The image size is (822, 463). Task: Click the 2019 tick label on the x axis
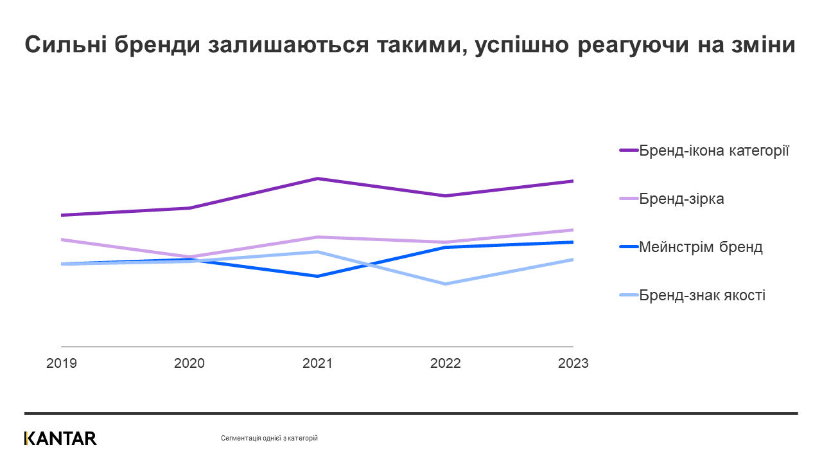coord(62,363)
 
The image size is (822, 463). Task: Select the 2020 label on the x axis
coord(189,363)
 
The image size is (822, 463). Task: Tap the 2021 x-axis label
coord(317,363)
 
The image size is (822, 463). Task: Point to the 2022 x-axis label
coord(445,363)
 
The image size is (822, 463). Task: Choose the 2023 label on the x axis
coord(573,363)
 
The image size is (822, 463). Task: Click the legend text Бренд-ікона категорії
coord(713,150)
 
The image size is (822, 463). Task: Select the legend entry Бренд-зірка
coord(681,199)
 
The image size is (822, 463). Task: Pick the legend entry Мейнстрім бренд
coord(701,247)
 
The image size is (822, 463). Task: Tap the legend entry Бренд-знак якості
coord(702,295)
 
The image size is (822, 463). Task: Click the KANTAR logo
coord(60,439)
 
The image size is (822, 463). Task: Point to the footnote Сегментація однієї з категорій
coord(269,439)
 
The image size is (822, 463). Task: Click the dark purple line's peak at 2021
coord(317,178)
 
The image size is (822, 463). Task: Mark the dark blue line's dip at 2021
coord(317,277)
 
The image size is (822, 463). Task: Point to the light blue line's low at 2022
coord(445,284)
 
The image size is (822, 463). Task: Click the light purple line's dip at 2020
coord(189,257)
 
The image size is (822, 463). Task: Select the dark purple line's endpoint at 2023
coord(572,181)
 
